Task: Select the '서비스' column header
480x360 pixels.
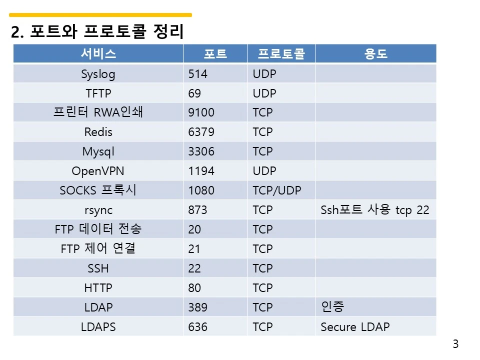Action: (98, 54)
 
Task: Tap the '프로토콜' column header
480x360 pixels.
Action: (281, 54)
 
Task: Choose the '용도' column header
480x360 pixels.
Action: (375, 54)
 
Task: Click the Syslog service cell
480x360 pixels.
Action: (98, 74)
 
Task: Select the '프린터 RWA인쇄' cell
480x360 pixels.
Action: (98, 112)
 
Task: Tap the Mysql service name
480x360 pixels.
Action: (98, 151)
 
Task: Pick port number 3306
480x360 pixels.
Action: (201, 151)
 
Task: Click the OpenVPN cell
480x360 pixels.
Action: (98, 171)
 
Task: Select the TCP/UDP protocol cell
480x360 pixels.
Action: (277, 190)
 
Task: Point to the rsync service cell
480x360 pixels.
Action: (98, 210)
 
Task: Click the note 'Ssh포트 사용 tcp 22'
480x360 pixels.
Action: (374, 210)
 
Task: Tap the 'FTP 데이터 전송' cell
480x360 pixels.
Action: (98, 229)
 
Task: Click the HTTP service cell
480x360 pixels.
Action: (98, 288)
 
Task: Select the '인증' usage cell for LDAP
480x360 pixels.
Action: (332, 307)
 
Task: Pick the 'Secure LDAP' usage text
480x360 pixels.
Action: (355, 327)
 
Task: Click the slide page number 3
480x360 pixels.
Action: (455, 344)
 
